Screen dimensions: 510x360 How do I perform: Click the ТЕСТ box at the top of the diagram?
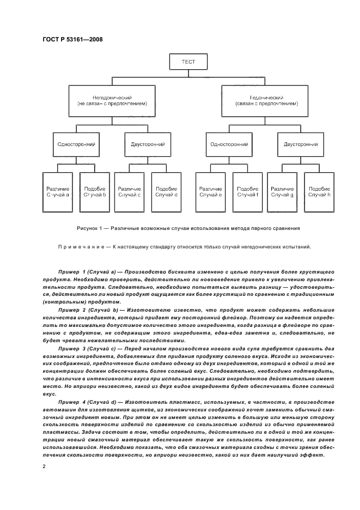pos(188,62)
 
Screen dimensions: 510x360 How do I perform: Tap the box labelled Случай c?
pos(129,192)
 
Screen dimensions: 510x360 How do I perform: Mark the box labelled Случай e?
pos(210,192)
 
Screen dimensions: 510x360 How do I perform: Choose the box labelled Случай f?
pos(248,192)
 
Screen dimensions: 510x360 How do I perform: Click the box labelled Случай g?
pos(282,192)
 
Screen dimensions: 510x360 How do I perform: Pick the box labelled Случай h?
pos(319,192)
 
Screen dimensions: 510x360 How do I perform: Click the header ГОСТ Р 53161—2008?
pos(72,39)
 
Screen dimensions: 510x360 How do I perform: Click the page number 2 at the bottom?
pos(44,466)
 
